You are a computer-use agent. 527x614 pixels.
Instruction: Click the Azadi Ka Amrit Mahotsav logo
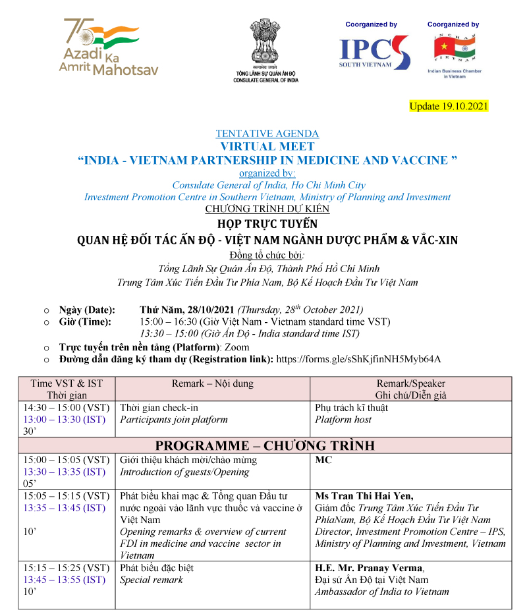pyautogui.click(x=109, y=47)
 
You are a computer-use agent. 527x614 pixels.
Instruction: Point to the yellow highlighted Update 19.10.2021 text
pyautogui.click(x=449, y=106)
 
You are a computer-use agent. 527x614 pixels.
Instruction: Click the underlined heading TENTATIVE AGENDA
pyautogui.click(x=267, y=134)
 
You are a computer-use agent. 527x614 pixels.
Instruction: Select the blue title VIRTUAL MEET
pyautogui.click(x=267, y=146)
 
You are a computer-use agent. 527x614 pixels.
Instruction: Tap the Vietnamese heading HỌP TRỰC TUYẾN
pyautogui.click(x=267, y=223)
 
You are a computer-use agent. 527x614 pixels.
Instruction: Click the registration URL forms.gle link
pyautogui.click(x=358, y=359)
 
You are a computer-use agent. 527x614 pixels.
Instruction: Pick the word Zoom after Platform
pyautogui.click(x=237, y=347)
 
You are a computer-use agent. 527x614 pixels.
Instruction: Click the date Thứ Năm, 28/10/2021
pyautogui.click(x=187, y=310)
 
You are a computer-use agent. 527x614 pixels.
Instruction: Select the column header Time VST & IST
pyautogui.click(x=67, y=383)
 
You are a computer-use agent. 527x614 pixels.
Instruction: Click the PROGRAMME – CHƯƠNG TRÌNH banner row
pyautogui.click(x=265, y=445)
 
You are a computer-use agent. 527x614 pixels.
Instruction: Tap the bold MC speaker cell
pyautogui.click(x=323, y=460)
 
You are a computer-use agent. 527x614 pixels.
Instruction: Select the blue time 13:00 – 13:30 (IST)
pyautogui.click(x=64, y=420)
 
